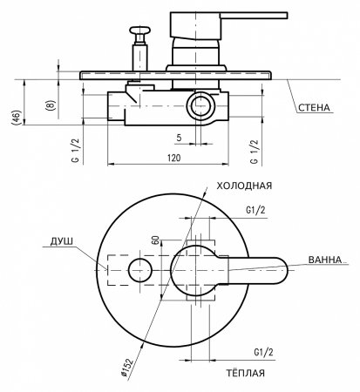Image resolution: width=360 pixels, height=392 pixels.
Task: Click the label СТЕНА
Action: point(314,108)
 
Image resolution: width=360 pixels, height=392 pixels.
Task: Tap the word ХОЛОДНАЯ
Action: point(244,186)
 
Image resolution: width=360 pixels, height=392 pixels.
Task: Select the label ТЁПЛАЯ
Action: point(246,373)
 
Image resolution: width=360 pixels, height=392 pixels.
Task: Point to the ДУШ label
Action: point(61,241)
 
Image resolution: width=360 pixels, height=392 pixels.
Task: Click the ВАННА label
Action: point(325,260)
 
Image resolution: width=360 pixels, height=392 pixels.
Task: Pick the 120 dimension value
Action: point(173,158)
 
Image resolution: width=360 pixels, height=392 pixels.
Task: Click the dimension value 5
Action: point(179,138)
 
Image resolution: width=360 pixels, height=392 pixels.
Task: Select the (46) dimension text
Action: point(17,118)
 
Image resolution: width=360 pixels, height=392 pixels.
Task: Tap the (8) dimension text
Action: point(50,105)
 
